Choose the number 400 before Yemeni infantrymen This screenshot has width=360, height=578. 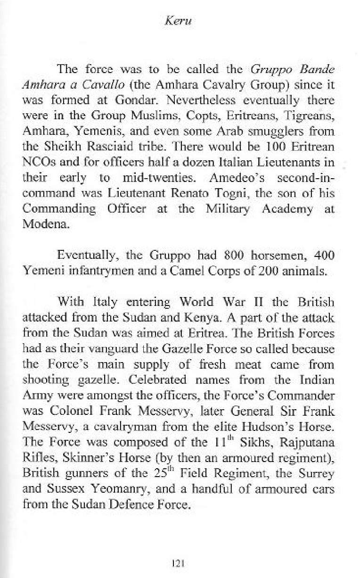(324, 256)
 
